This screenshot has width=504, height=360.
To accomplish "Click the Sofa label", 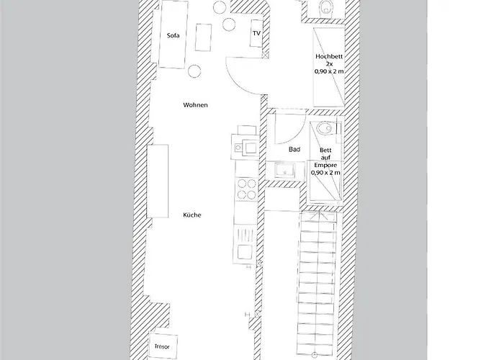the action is [174, 35].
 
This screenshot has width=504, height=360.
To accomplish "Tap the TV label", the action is [256, 33].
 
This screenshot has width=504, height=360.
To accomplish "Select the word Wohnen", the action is [195, 105].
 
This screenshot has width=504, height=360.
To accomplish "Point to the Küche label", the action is [192, 215].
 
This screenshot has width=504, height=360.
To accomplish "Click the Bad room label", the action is [294, 149].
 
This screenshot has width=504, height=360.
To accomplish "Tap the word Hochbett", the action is [329, 57].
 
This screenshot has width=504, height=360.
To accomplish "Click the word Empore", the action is [325, 165].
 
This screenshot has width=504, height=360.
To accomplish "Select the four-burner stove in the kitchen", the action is [246, 189].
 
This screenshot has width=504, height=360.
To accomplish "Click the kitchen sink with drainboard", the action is [246, 244].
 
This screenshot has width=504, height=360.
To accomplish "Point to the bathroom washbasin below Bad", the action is [285, 171].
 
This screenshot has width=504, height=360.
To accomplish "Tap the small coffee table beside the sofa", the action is [204, 37].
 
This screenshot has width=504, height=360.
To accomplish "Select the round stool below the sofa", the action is [194, 71].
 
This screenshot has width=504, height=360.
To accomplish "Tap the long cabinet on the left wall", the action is [158, 181].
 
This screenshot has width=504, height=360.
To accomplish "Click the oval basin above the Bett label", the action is [324, 128].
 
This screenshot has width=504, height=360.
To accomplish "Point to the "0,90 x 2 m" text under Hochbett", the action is [329, 71].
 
